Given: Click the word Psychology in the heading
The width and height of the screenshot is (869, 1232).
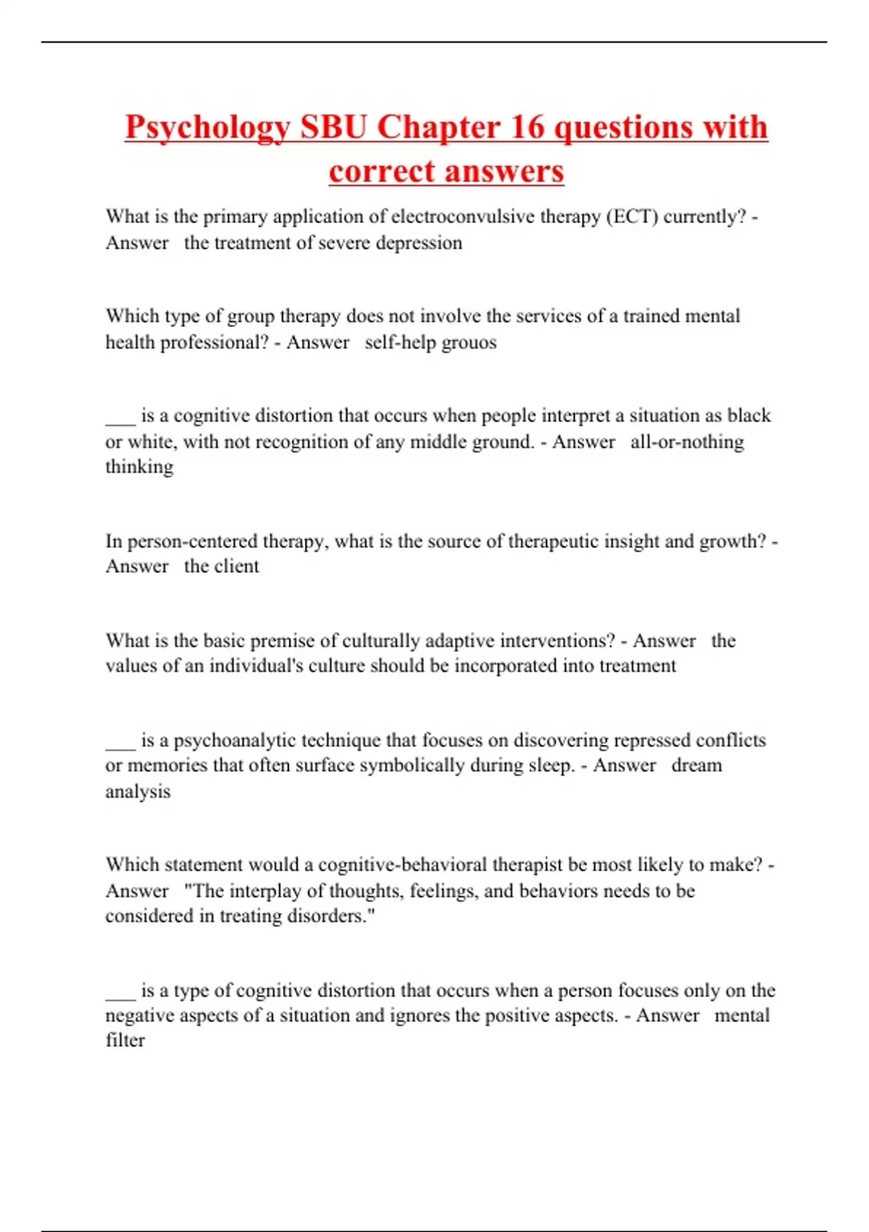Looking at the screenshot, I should pos(207,128).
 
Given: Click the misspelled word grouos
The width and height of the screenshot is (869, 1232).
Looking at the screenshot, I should pos(468,342).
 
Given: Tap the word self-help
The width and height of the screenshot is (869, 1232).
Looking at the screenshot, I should pos(395,342).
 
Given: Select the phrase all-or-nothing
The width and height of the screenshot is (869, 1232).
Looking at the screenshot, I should pos(687,442).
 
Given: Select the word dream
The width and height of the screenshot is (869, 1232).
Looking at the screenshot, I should pos(696,765).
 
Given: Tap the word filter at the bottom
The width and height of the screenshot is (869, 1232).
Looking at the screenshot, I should pos(125,1041).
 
